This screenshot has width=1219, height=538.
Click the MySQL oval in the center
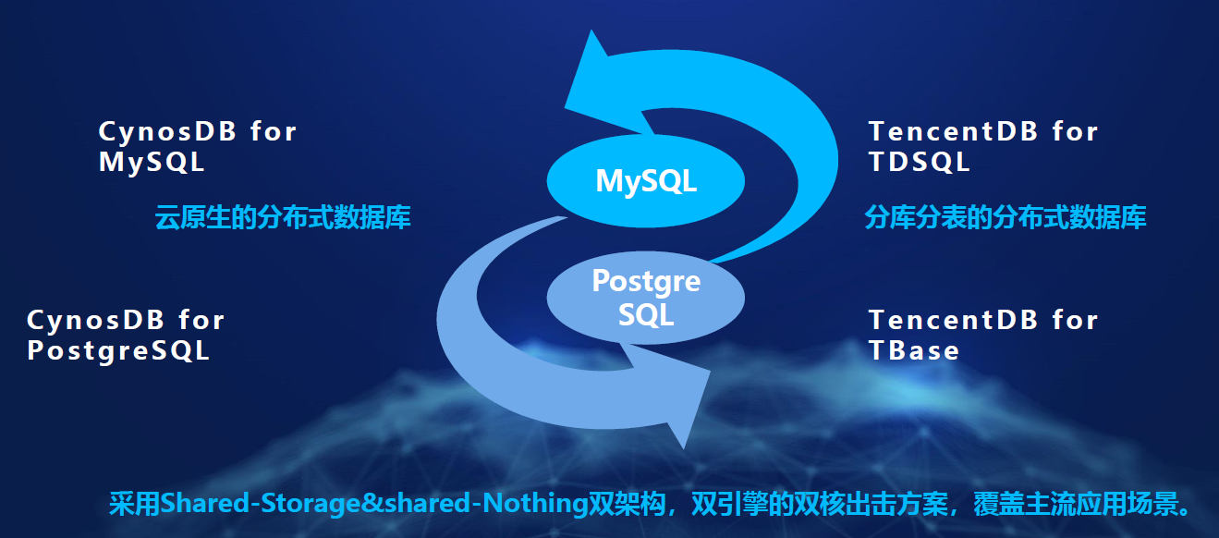pyautogui.click(x=645, y=181)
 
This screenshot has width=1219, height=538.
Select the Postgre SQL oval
pyautogui.click(x=645, y=298)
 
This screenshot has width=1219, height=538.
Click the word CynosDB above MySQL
pyautogui.click(x=167, y=132)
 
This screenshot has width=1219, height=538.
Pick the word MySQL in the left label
pyautogui.click(x=152, y=162)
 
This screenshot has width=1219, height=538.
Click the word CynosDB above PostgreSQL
pyautogui.click(x=96, y=320)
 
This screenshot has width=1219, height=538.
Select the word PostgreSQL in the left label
pyautogui.click(x=118, y=350)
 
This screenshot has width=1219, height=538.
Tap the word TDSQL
pyautogui.click(x=920, y=162)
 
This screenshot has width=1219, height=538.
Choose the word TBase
pyautogui.click(x=914, y=350)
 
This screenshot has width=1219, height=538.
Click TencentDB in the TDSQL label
pyautogui.click(x=953, y=132)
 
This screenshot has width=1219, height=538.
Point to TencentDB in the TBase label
pyautogui.click(x=953, y=320)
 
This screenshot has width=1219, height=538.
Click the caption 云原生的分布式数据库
pyautogui.click(x=283, y=217)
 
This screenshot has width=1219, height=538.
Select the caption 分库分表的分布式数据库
pyautogui.click(x=1006, y=217)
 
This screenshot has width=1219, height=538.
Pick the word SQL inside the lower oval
pyautogui.click(x=646, y=314)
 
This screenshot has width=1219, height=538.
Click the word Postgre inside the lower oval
pyautogui.click(x=646, y=282)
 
